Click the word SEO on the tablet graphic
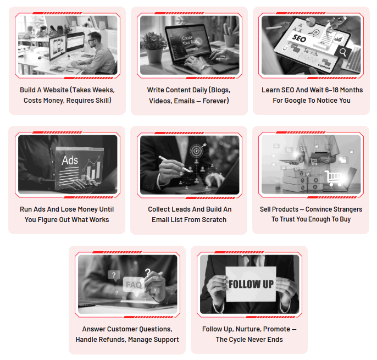pyautogui.click(x=299, y=38)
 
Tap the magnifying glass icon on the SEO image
pyautogui.click(x=343, y=52)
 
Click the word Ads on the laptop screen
pyautogui.click(x=70, y=160)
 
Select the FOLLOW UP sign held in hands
pyautogui.click(x=251, y=284)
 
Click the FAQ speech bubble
pyautogui.click(x=134, y=285)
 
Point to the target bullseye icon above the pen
pyautogui.click(x=197, y=150)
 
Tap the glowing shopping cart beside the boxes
pyautogui.click(x=333, y=178)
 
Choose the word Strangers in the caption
pyautogui.click(x=347, y=209)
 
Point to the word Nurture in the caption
pyautogui.click(x=248, y=329)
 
